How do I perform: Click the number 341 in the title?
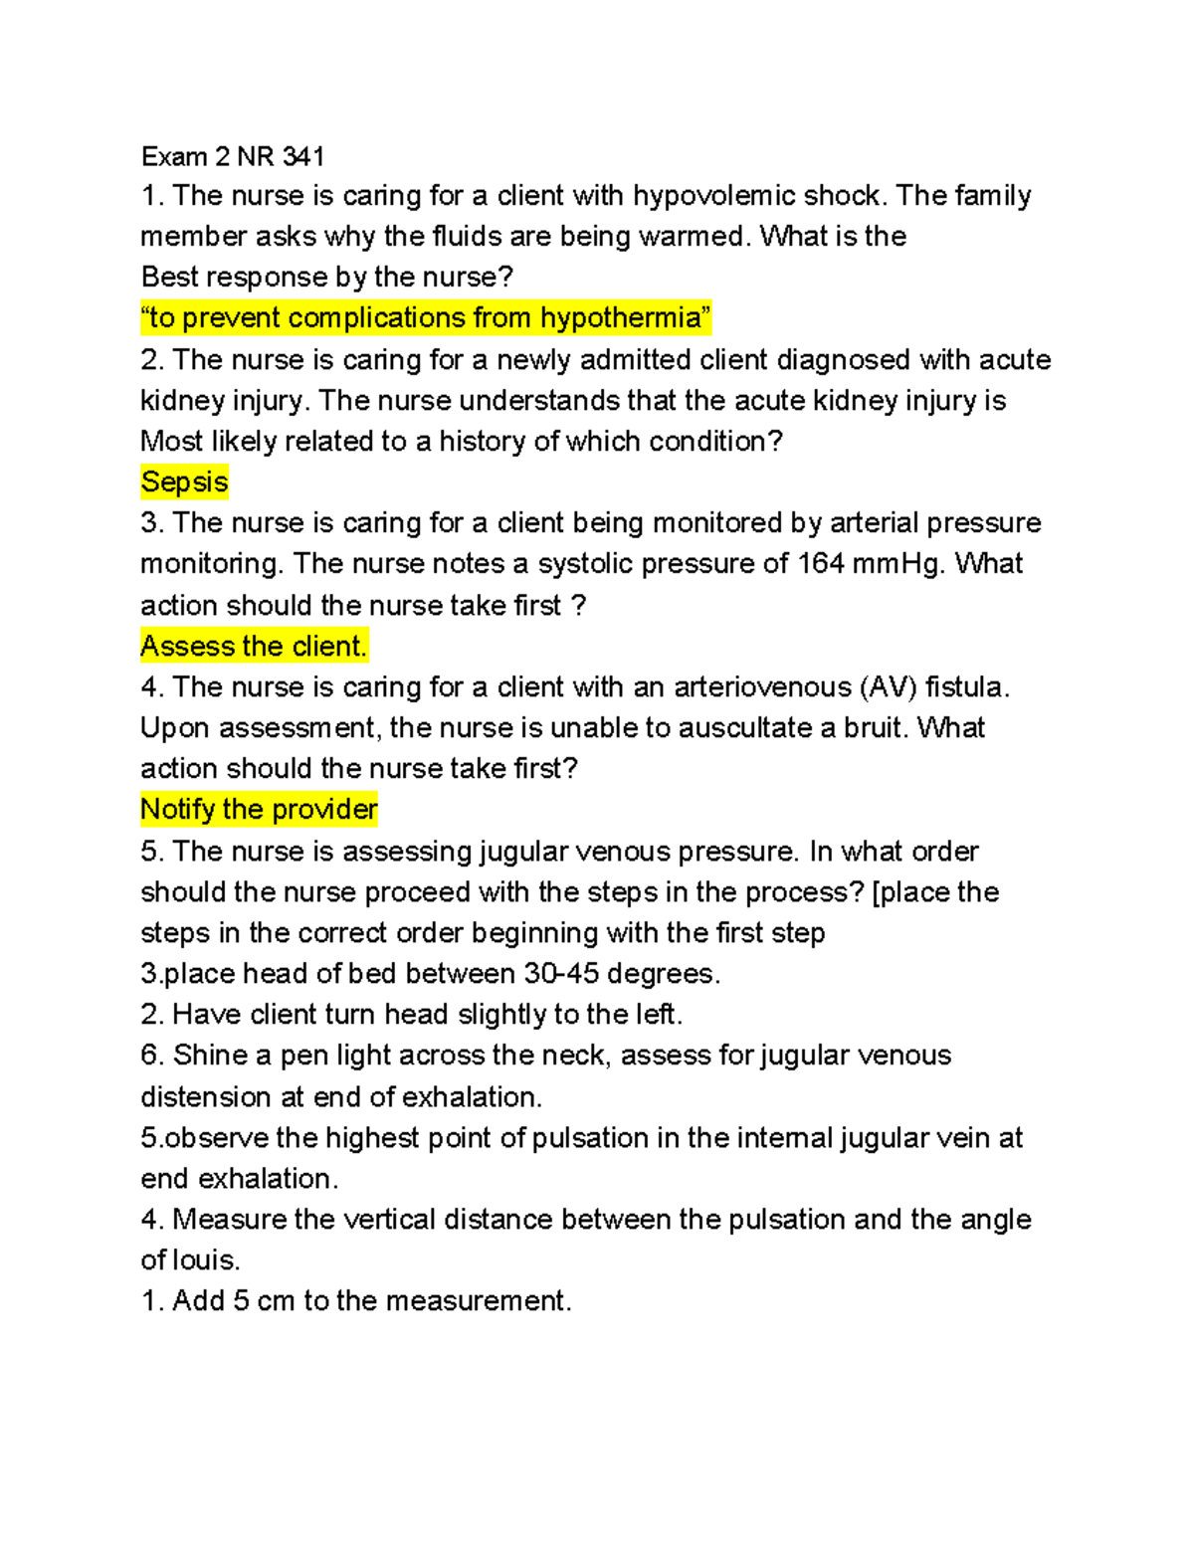(x=303, y=156)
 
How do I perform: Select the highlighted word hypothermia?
(x=621, y=318)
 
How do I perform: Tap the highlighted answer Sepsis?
(x=184, y=483)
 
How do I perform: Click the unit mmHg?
(x=898, y=564)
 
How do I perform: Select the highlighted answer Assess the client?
(x=254, y=647)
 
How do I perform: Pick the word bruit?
(x=876, y=728)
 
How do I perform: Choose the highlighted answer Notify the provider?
(x=259, y=810)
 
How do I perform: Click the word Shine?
(x=210, y=1056)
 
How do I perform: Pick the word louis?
(x=206, y=1260)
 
